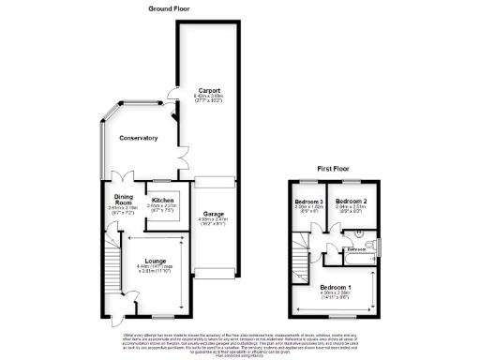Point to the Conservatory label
point(138,138)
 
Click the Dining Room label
point(121,199)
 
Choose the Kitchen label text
point(163,200)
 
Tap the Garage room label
point(214,214)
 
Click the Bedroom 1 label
point(336,286)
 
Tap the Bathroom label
point(355,249)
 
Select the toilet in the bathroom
point(372,246)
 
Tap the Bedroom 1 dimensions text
point(336,295)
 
